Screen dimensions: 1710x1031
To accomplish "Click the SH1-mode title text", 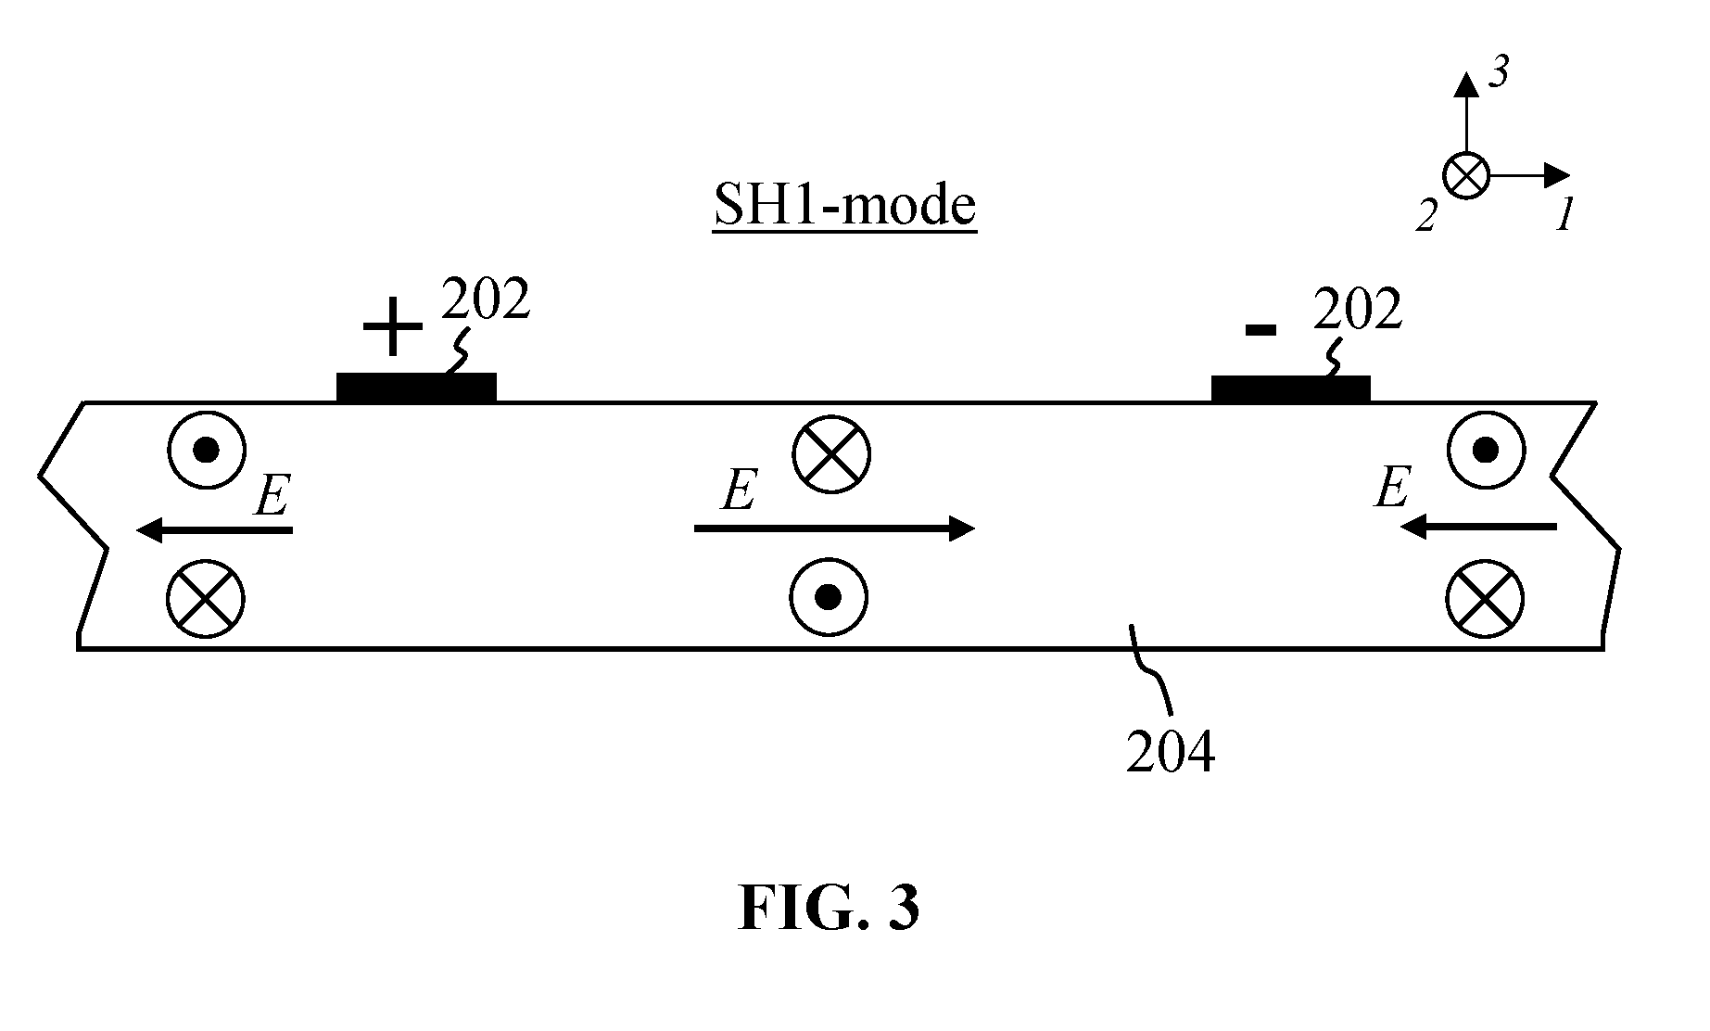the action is (844, 206).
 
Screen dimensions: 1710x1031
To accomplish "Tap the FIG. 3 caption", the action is (830, 908).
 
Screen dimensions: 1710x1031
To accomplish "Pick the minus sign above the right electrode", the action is (1261, 329).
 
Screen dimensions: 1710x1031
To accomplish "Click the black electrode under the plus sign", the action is (416, 388).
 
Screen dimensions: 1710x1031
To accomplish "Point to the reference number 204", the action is (1170, 752).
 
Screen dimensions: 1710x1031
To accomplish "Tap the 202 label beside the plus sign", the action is (486, 299).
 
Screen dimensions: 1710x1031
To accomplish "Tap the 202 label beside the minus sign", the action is (1357, 310).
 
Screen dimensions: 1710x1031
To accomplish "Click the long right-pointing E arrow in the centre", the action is (834, 529).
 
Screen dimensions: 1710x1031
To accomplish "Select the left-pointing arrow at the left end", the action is (214, 530).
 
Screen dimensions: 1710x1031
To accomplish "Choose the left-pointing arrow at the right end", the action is (1478, 528).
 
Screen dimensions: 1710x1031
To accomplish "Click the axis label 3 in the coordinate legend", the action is (1498, 72).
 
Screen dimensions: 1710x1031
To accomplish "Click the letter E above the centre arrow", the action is (739, 490).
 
